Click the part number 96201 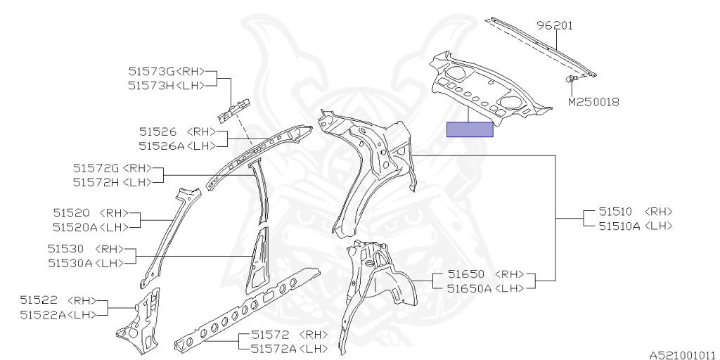pos(555,25)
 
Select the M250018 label pos(593,102)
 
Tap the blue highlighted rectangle pos(470,129)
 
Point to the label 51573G pos(150,71)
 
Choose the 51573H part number pos(150,85)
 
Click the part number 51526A pos(157,146)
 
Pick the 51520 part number pos(71,212)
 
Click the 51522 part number pos(39,300)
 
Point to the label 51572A pos(271,348)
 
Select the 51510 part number pos(615,211)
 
